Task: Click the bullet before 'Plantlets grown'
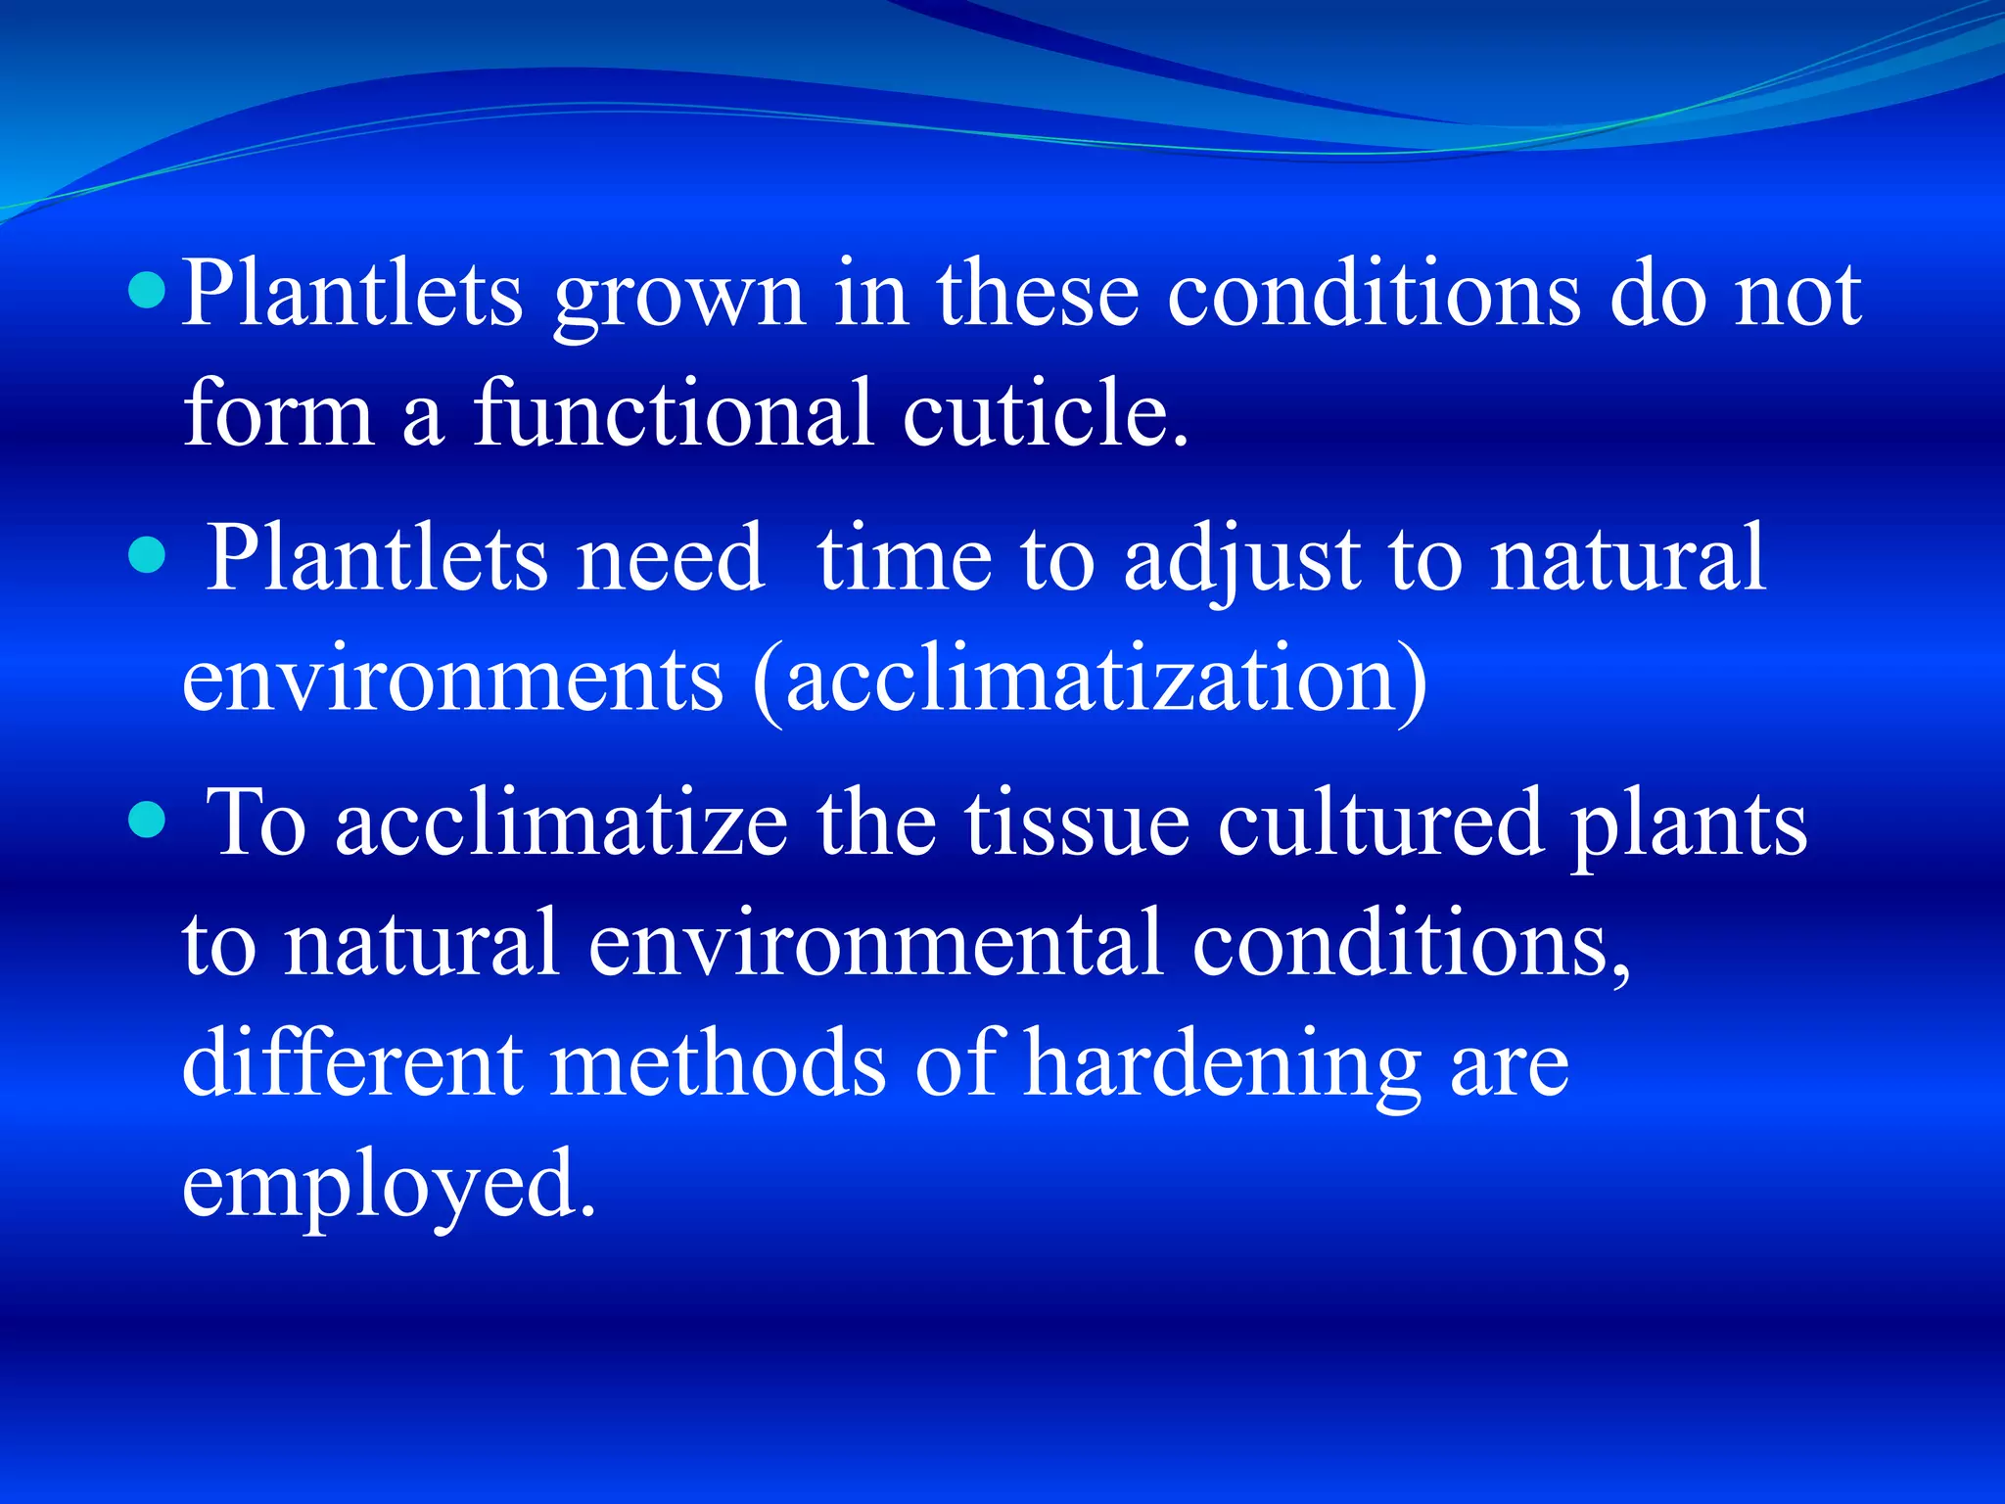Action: [147, 291]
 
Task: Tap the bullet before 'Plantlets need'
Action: [147, 555]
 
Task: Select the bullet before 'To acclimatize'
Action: [147, 821]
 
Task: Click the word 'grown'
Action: [678, 299]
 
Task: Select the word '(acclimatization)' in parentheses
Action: [1091, 680]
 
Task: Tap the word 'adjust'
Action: [1241, 563]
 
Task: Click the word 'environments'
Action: [452, 681]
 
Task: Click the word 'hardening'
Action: [1223, 1067]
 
